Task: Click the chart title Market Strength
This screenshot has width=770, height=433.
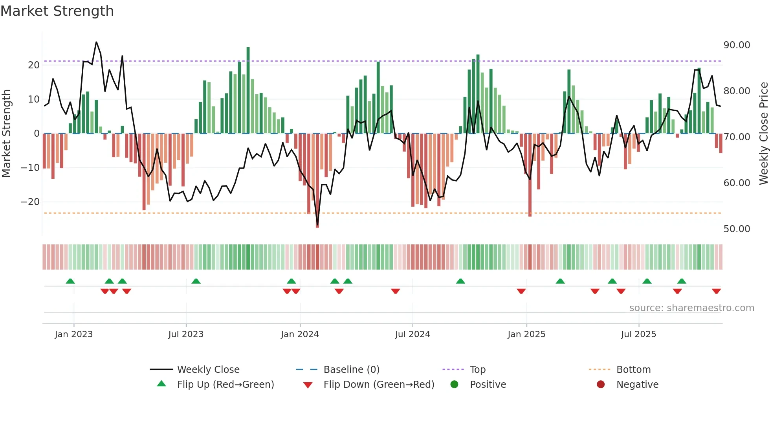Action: (x=57, y=11)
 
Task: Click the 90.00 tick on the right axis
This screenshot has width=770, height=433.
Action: (x=737, y=45)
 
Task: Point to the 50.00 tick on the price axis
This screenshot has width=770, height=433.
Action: (x=737, y=229)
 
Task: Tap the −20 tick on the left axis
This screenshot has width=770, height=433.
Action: (x=30, y=202)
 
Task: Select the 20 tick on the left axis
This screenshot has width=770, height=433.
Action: (x=34, y=65)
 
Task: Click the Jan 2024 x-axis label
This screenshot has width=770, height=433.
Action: (x=300, y=334)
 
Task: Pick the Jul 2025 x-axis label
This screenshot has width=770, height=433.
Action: (x=638, y=334)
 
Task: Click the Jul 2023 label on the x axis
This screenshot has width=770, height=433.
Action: (x=186, y=334)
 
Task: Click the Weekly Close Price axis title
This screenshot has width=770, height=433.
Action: (x=763, y=134)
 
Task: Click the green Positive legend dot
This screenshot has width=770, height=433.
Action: (x=454, y=385)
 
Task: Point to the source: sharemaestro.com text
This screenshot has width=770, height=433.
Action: (x=691, y=308)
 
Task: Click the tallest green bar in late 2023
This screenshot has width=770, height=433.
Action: (x=248, y=90)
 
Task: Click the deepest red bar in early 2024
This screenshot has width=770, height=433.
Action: (x=317, y=181)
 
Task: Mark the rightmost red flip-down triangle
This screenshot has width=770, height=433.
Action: (x=716, y=291)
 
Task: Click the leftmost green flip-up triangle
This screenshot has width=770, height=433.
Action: (x=70, y=281)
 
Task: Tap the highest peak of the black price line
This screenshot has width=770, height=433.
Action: (x=96, y=42)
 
